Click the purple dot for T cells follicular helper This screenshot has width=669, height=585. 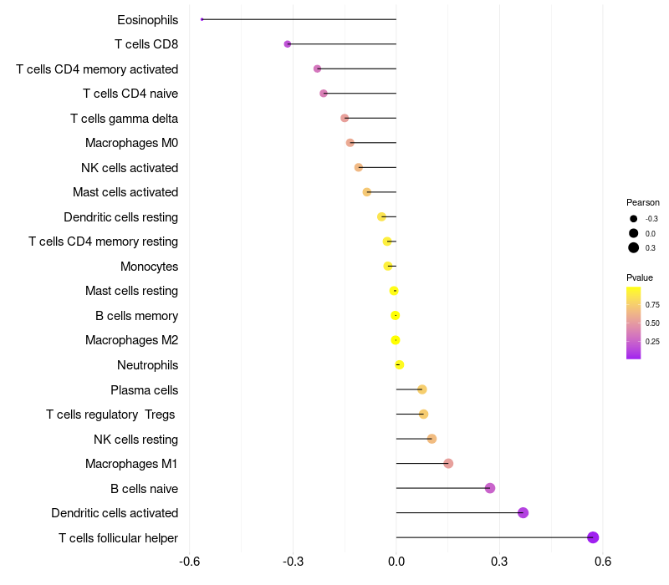coord(593,537)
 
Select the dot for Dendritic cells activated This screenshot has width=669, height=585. coord(523,513)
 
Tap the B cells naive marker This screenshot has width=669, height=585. coord(490,488)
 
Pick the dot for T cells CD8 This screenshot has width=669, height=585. coord(288,43)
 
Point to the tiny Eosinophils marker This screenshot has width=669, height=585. coord(202,19)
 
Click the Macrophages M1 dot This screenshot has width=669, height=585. coord(448,464)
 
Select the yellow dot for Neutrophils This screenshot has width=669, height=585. coord(400,364)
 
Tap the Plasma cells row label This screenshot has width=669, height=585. coord(144,389)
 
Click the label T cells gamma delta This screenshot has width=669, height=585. coord(124,119)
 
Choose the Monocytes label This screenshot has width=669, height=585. coord(149,267)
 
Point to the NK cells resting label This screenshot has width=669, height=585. coord(135,439)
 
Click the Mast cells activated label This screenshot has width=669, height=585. coord(125,192)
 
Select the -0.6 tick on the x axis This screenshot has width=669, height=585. coord(190,561)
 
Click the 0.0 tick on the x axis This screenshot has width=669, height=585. coord(396,561)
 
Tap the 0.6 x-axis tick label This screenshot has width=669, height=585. coord(603,561)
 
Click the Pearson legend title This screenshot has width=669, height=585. coord(643,202)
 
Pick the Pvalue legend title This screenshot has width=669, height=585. coord(640,277)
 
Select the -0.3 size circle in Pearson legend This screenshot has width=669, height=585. coord(634,219)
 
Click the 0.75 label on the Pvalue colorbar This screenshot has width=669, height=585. coord(652,305)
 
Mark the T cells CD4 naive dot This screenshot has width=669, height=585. coord(324,94)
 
